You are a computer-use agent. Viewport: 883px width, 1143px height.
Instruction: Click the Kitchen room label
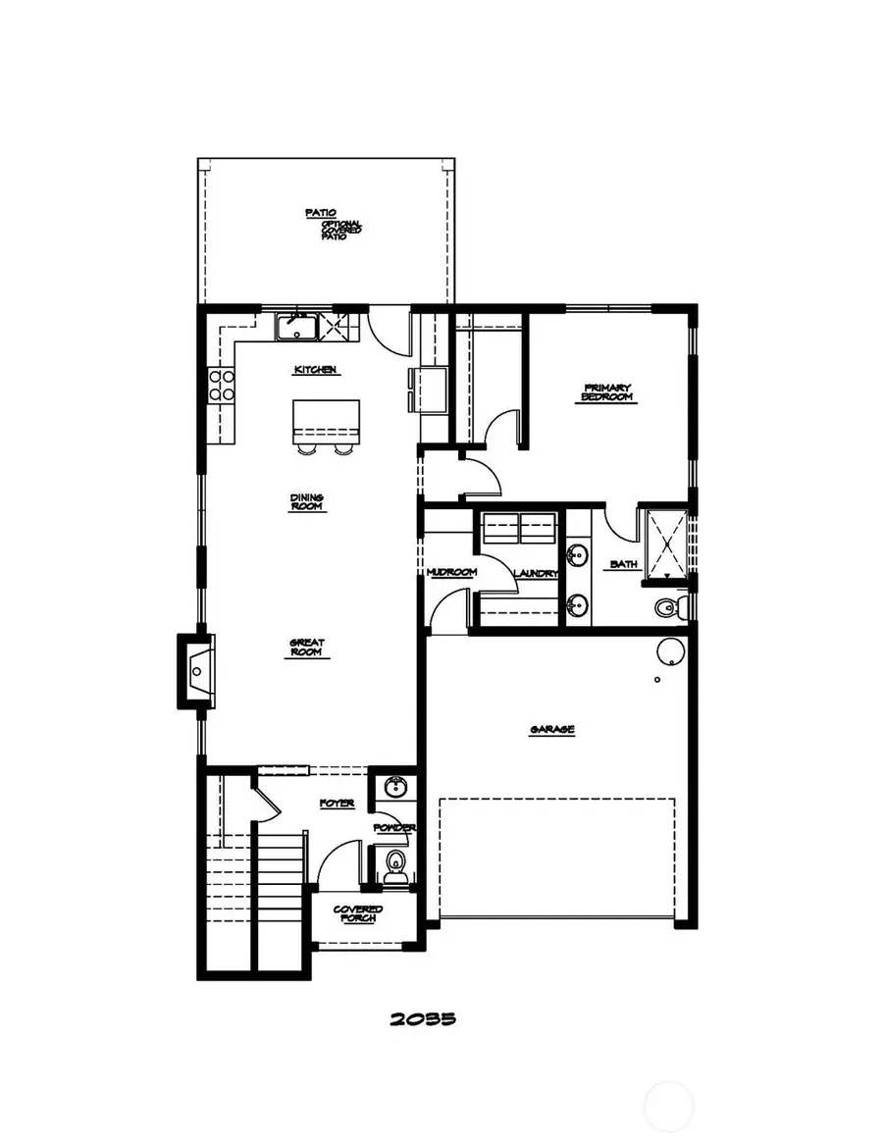[315, 370]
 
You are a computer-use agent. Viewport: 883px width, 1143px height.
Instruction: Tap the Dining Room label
[306, 501]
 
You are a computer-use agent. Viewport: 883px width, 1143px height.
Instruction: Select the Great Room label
[306, 648]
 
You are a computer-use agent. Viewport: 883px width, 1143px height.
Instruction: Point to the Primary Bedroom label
[608, 392]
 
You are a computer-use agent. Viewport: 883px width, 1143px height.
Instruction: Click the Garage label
[551, 730]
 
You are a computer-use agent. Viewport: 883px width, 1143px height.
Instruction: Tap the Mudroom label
[451, 572]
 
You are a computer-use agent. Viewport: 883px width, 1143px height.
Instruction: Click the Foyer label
[337, 804]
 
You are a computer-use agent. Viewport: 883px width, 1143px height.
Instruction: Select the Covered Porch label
[358, 914]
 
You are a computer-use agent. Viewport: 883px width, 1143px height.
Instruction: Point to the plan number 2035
[423, 1018]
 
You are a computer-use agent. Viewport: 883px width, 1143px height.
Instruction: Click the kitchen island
[326, 421]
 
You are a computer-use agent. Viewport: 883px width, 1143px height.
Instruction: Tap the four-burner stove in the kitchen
[222, 384]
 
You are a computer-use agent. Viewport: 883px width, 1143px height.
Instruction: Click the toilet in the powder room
[395, 862]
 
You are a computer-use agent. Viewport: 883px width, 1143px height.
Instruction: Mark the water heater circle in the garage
[671, 651]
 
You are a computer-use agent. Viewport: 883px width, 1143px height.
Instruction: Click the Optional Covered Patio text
[340, 230]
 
